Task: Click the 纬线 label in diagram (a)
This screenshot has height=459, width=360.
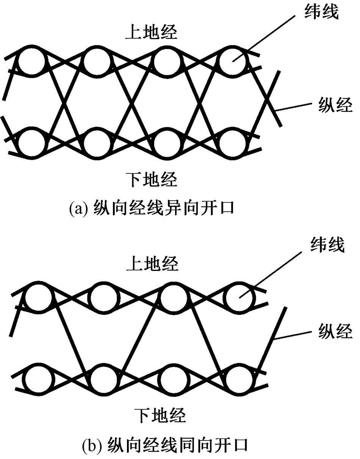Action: [322, 13]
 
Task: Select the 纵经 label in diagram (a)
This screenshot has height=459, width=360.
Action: [334, 106]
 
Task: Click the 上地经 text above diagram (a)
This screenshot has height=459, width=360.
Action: [152, 33]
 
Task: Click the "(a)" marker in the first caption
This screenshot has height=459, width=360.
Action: [77, 208]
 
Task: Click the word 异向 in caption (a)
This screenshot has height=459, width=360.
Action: [176, 208]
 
